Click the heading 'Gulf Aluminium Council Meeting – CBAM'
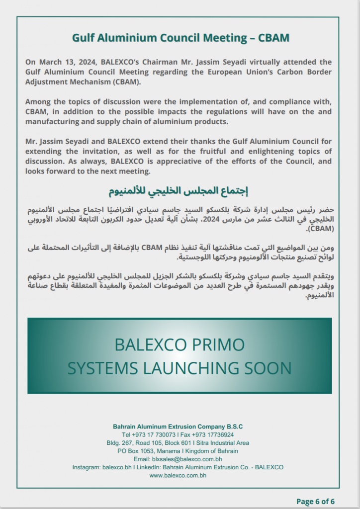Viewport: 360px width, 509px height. [180, 38]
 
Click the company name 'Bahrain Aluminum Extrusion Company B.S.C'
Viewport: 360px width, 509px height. [178, 427]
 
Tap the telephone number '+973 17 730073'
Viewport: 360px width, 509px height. [153, 435]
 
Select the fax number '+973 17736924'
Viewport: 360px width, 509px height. [213, 435]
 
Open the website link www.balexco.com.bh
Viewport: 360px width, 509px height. [178, 476]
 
